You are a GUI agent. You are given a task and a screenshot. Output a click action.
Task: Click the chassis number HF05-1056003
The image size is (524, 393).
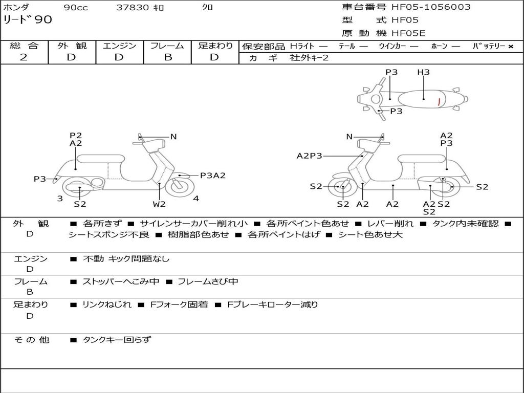[x=431, y=7]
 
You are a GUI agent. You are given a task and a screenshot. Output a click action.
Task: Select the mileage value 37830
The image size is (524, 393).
[x=133, y=8]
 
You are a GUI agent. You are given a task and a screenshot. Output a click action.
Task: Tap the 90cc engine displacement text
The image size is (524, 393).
[x=75, y=8]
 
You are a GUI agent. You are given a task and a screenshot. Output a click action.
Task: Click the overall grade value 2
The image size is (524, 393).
[x=24, y=57]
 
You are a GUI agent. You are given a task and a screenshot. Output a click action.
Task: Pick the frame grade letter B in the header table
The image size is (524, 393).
[x=167, y=57]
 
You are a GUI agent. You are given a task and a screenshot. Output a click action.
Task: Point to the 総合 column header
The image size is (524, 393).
[x=24, y=46]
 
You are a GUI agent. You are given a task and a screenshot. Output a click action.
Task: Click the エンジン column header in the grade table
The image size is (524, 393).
[x=119, y=46]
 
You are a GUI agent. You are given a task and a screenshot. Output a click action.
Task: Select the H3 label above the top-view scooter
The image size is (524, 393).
[x=423, y=73]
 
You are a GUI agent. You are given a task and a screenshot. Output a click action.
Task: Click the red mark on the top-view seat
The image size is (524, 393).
[x=439, y=101]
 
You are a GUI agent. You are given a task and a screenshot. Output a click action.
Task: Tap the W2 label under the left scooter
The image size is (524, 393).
[x=159, y=204]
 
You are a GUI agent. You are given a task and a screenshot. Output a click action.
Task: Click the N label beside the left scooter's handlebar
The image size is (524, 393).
[x=173, y=137]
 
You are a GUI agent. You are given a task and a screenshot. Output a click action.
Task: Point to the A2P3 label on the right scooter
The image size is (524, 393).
[x=310, y=156]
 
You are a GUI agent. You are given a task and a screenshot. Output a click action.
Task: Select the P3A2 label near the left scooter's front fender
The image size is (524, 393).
[x=212, y=176]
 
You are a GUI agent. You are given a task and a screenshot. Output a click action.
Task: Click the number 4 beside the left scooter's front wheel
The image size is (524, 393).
[x=196, y=199]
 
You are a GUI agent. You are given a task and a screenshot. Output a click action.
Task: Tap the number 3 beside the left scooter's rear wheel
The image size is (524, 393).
[x=60, y=199]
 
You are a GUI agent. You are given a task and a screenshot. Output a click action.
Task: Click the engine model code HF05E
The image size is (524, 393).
[x=408, y=34]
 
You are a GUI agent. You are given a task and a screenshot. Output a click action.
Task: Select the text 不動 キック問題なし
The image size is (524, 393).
[x=126, y=259]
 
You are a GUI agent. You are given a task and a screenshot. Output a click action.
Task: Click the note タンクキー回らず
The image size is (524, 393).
[x=117, y=339]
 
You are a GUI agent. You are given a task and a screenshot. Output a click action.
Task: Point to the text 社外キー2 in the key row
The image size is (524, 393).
[x=309, y=58]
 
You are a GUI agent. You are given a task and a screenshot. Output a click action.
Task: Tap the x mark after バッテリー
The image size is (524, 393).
[x=510, y=47]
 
